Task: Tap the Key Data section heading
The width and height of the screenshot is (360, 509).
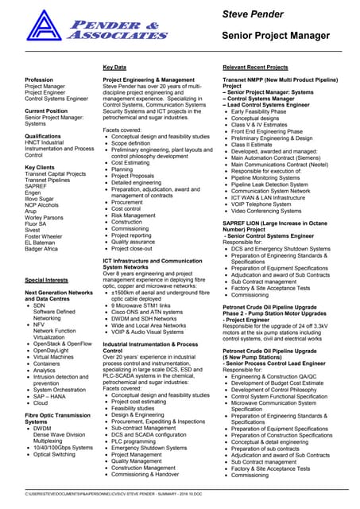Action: pos(115,68)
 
